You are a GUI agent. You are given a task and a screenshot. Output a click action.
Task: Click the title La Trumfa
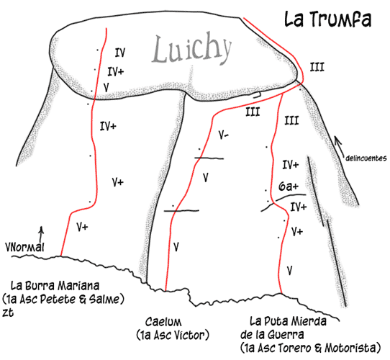tap(328, 19)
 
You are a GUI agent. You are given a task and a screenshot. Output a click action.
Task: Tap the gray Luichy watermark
tap(192, 50)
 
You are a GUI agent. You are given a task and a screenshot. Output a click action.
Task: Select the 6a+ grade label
tap(289, 186)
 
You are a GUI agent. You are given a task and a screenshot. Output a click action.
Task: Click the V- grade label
tap(224, 135)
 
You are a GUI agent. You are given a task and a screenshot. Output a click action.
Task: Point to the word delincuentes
tap(366, 158)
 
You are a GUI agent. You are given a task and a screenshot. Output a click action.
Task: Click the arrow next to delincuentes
tap(339, 146)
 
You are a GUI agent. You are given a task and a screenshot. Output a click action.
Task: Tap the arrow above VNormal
tap(42, 233)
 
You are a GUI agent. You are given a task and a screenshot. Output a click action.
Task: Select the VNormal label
tap(24, 248)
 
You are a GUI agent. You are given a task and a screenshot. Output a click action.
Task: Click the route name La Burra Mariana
tap(55, 286)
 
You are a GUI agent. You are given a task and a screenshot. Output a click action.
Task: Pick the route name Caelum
tap(163, 322)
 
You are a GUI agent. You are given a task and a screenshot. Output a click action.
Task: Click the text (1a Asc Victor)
tap(173, 335)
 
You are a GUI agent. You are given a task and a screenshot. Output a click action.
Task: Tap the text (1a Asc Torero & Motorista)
tap(310, 348)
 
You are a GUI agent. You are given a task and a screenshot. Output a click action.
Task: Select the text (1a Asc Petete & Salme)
tap(63, 299)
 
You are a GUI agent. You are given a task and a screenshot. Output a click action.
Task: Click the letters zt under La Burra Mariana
tap(8, 312)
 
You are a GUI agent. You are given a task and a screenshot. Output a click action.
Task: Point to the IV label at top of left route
tap(120, 53)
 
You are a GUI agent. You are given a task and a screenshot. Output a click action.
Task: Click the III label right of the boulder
tap(317, 67)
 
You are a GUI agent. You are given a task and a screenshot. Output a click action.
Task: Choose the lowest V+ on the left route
tap(82, 227)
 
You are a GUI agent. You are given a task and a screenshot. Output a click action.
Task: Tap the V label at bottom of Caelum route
tap(176, 247)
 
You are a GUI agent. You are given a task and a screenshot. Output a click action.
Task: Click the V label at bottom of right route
tap(289, 270)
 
